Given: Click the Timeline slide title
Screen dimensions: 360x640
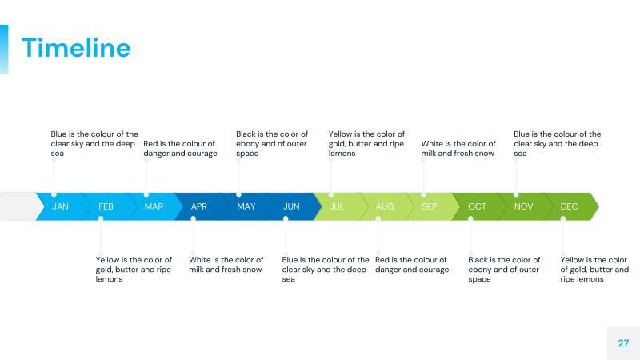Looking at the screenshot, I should (x=76, y=48).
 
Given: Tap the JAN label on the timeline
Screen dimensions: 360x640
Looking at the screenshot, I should (x=60, y=206).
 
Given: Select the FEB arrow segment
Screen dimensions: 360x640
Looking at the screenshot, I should (x=106, y=206).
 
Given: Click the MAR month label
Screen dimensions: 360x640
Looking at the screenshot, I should (x=154, y=206).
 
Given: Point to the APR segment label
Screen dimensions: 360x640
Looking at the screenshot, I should (x=199, y=206).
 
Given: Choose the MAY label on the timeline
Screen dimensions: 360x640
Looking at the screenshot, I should (x=246, y=206).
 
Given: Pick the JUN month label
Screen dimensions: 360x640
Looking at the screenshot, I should (x=291, y=206).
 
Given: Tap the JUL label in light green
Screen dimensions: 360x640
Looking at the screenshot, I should (x=337, y=206).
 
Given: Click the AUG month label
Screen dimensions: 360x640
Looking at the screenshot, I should (x=385, y=206).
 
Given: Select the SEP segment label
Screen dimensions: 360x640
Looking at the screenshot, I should (x=430, y=206).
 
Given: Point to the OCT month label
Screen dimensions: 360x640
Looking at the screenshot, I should (x=477, y=206).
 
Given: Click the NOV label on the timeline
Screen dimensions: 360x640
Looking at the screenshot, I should (x=523, y=206).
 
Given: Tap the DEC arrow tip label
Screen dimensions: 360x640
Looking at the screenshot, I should (x=569, y=206).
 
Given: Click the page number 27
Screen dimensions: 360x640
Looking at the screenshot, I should (x=623, y=343).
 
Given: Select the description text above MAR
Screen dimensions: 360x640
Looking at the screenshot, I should (x=180, y=149).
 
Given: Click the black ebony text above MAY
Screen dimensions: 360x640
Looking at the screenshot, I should (x=272, y=144).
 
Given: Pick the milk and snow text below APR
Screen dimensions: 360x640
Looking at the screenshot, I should (x=226, y=265).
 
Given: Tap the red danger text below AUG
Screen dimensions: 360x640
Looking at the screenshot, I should (x=411, y=265).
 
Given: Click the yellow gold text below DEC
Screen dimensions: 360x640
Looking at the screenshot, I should (x=594, y=270).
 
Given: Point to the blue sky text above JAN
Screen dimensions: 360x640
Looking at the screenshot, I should (x=94, y=144).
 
